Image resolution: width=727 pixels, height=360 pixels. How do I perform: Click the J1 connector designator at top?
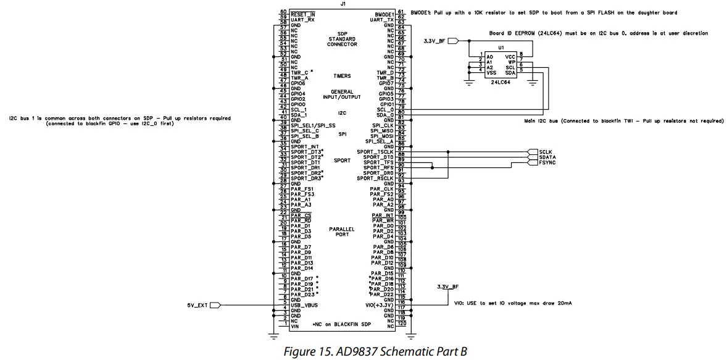(343, 4)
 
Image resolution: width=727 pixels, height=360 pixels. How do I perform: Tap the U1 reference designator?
(501, 48)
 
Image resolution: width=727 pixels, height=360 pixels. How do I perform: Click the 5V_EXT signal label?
(197, 305)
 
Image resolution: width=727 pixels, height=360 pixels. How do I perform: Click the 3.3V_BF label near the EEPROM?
(434, 41)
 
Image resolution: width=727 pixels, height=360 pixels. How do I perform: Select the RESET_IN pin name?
(302, 14)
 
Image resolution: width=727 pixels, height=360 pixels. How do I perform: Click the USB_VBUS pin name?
(304, 305)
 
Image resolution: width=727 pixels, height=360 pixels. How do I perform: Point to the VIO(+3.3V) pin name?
(378, 306)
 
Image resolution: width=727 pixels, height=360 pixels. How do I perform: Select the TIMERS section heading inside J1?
(342, 76)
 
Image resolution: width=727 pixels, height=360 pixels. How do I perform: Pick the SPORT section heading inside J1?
(342, 161)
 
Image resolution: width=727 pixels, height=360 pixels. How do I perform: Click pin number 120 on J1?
(402, 324)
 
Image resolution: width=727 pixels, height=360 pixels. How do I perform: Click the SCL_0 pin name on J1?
(385, 110)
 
